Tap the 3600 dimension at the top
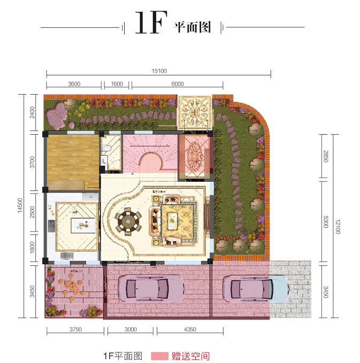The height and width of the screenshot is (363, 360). click(74, 83)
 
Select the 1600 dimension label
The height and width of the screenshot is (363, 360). click(117, 83)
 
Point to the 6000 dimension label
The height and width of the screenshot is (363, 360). click(178, 83)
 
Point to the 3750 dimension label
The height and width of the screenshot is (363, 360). click(75, 330)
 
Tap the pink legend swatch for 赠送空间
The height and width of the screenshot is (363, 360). click(158, 356)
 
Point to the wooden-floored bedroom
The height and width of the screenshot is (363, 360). click(72, 160)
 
